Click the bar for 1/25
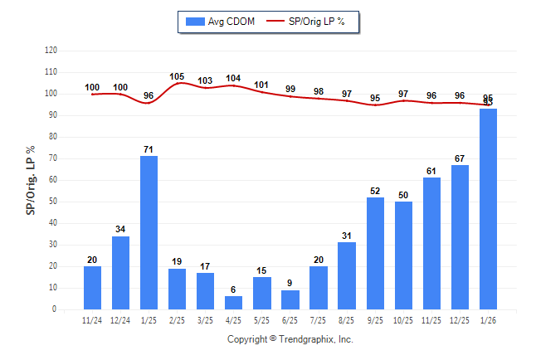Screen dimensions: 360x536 click(149, 232)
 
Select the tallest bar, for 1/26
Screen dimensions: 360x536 click(488, 209)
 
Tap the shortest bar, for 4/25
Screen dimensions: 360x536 click(233, 303)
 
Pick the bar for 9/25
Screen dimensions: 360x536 click(375, 253)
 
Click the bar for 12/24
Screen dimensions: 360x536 click(120, 273)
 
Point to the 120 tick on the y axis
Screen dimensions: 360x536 click(51, 51)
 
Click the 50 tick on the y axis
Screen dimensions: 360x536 click(53, 202)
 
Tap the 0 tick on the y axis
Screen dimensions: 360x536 click(55, 309)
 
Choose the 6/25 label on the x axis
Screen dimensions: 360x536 click(290, 320)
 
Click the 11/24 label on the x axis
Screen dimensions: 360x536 click(92, 320)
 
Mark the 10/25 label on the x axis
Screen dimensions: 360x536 click(403, 320)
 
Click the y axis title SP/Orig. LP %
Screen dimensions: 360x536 click(31, 179)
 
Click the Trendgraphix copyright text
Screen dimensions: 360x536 click(290, 339)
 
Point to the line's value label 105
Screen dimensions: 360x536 click(177, 77)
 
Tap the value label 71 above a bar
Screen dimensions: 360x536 click(149, 149)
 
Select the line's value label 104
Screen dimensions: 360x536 click(233, 79)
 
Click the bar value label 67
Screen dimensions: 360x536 click(460, 158)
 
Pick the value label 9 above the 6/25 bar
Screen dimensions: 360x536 click(290, 284)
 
